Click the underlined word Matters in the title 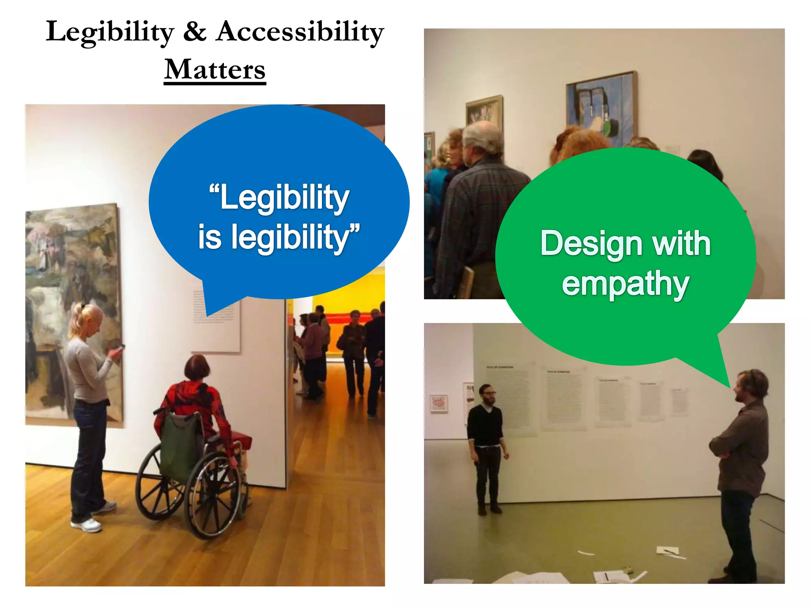pyautogui.click(x=215, y=70)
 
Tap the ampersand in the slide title pyautogui.click(x=195, y=32)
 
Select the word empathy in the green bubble pyautogui.click(x=625, y=284)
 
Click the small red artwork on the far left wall pyautogui.click(x=439, y=403)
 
